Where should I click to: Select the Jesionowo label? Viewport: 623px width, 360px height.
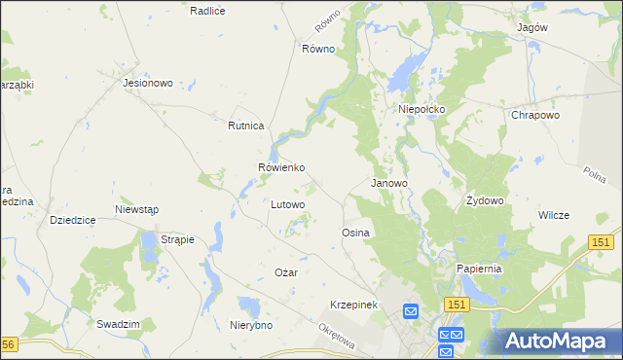point(148,83)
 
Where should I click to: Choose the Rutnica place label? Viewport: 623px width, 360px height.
point(246,126)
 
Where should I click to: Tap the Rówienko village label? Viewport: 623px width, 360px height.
point(281,167)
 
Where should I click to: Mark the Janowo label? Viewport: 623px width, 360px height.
point(389,182)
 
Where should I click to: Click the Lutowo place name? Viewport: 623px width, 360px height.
point(287,204)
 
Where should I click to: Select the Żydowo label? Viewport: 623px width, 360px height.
point(484,200)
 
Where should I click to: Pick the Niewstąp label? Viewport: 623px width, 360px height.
point(136,209)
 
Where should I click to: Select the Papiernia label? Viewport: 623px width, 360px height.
point(479,269)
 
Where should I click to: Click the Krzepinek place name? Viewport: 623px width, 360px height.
point(353,305)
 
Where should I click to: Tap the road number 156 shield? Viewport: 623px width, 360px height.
point(9,344)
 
